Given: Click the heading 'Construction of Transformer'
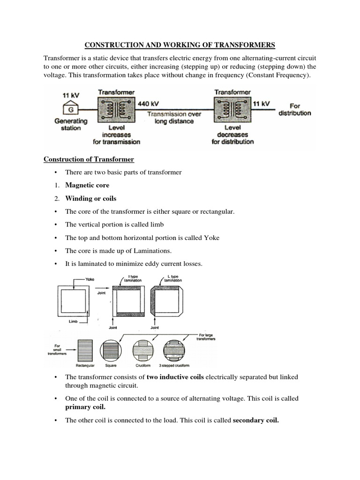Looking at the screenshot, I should pyautogui.click(x=89, y=159).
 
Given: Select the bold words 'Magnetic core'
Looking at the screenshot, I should pyautogui.click(x=87, y=185).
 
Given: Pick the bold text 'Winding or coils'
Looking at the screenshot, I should pyautogui.click(x=90, y=198).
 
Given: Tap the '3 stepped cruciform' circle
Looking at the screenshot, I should pyautogui.click(x=174, y=350).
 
